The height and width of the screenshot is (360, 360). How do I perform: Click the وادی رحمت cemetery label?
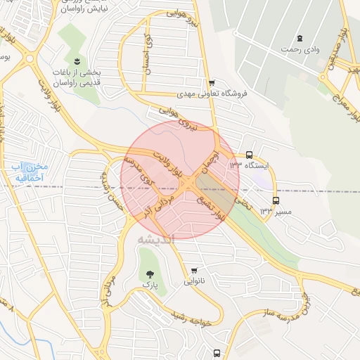tap(300, 49)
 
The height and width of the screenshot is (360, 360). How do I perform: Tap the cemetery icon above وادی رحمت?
tap(300, 38)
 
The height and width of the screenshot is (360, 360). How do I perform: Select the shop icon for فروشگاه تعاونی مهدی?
tap(211, 83)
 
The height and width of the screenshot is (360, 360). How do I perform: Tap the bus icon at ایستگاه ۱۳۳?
tap(250, 155)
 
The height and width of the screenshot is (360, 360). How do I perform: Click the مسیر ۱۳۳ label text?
tap(275, 210)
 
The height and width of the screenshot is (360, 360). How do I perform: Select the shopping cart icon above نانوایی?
tap(194, 270)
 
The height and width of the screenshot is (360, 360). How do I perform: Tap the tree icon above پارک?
tap(148, 274)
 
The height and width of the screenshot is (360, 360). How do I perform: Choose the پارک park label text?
tap(148, 285)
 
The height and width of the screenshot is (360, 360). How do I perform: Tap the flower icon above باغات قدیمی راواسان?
tap(77, 61)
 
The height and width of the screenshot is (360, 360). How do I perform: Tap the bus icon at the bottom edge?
tap(217, 353)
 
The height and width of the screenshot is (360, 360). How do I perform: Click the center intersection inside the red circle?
tap(191, 182)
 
